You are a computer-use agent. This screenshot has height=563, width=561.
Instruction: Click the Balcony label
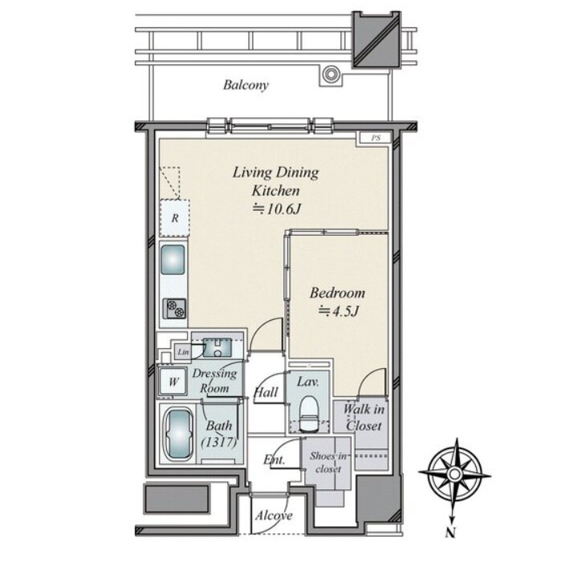tap(246, 85)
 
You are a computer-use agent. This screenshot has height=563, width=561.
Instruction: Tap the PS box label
tap(376, 138)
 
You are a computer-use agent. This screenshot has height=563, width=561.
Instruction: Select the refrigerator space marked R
tap(175, 218)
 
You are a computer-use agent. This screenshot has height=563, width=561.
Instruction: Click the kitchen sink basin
tap(173, 259)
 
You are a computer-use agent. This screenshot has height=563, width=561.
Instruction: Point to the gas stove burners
tap(175, 309)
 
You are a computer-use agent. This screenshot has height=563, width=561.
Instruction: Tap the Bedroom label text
tap(337, 293)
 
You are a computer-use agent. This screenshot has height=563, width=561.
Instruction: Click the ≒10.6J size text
tap(276, 209)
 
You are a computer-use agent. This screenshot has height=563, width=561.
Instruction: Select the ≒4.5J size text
tap(339, 311)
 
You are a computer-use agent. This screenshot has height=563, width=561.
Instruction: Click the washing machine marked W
tap(173, 381)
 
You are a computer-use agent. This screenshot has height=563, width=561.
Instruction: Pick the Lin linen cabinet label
tap(183, 352)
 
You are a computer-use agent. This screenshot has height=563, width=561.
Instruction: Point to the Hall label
tap(266, 392)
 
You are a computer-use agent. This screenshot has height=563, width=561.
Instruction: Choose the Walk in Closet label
tap(364, 418)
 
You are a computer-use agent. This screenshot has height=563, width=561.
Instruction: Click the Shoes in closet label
tap(328, 463)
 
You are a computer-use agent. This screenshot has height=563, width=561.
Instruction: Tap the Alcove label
tap(274, 516)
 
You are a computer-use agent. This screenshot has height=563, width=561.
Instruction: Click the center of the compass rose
tap(454, 474)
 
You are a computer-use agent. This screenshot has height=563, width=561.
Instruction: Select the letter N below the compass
tap(450, 533)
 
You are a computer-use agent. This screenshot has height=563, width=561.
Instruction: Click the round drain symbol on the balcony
tap(330, 75)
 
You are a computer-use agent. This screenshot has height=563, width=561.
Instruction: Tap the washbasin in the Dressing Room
tap(217, 347)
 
